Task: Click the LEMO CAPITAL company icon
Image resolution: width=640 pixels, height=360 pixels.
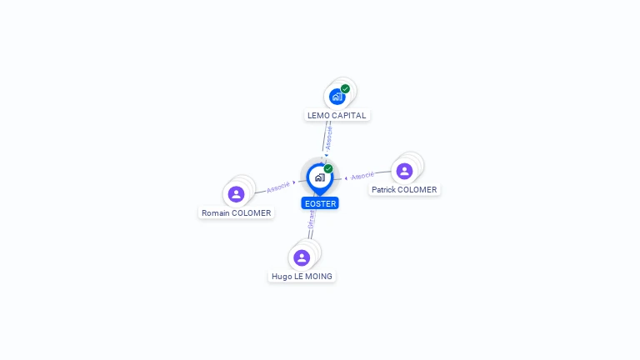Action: click(x=337, y=97)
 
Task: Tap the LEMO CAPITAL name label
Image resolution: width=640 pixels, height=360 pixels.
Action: click(x=337, y=116)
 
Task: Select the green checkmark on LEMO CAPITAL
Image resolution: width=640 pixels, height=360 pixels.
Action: click(x=345, y=89)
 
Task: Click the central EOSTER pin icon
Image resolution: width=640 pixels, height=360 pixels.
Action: click(x=319, y=177)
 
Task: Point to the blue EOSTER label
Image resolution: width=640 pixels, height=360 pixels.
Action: click(x=320, y=203)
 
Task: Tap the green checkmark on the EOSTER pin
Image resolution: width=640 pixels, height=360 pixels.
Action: click(x=328, y=169)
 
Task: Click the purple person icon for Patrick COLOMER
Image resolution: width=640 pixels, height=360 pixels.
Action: click(x=404, y=171)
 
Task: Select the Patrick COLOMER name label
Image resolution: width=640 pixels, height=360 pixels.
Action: click(x=404, y=190)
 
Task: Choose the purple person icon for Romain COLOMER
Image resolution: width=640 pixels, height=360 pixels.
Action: click(x=236, y=194)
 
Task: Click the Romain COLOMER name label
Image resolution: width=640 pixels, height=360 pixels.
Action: click(x=237, y=213)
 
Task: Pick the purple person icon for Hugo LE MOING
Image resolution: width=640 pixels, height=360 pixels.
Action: click(x=302, y=257)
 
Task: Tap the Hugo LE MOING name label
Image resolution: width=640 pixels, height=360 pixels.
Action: click(x=302, y=277)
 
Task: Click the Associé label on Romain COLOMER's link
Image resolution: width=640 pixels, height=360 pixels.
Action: click(x=278, y=187)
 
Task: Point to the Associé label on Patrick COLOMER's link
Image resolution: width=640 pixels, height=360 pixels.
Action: click(x=362, y=176)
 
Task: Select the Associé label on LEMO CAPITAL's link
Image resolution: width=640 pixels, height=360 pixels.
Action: click(x=328, y=137)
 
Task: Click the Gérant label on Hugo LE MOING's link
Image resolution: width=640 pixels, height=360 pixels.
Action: click(x=311, y=220)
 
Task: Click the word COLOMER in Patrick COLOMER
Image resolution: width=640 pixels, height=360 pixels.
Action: click(x=417, y=190)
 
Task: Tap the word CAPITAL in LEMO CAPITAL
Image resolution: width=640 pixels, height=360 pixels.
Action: click(x=349, y=116)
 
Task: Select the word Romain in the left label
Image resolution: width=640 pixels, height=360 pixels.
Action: click(x=216, y=213)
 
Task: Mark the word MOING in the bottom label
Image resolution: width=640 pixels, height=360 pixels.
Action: click(x=318, y=277)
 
